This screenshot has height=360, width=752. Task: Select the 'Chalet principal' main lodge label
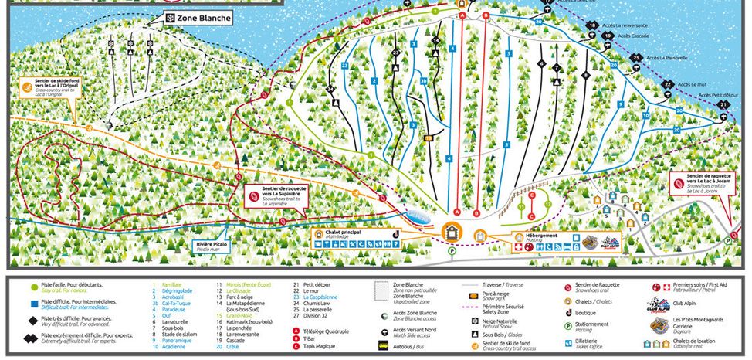coord(338,232)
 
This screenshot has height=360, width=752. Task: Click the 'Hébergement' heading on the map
coord(530,233)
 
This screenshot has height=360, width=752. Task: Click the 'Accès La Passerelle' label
coord(666,57)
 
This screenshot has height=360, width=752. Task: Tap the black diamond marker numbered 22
coord(667,83)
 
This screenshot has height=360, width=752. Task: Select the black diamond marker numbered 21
coord(723,104)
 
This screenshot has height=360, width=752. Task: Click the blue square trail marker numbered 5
coord(509,53)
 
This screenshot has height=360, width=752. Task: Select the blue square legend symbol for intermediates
coord(33,304)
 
